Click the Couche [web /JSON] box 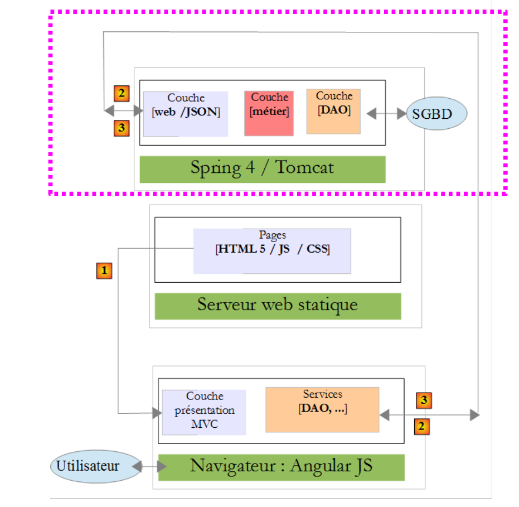click(186, 114)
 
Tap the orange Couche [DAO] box click(333, 112)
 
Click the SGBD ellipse click(436, 114)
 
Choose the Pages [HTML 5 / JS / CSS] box click(272, 251)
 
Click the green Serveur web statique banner click(278, 306)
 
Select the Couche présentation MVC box click(204, 412)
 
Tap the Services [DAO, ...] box click(322, 409)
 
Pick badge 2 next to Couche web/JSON click(122, 93)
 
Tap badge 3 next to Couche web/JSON click(122, 128)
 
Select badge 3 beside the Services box click(424, 399)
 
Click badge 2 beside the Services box click(421, 427)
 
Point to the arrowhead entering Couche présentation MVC click(156, 413)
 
